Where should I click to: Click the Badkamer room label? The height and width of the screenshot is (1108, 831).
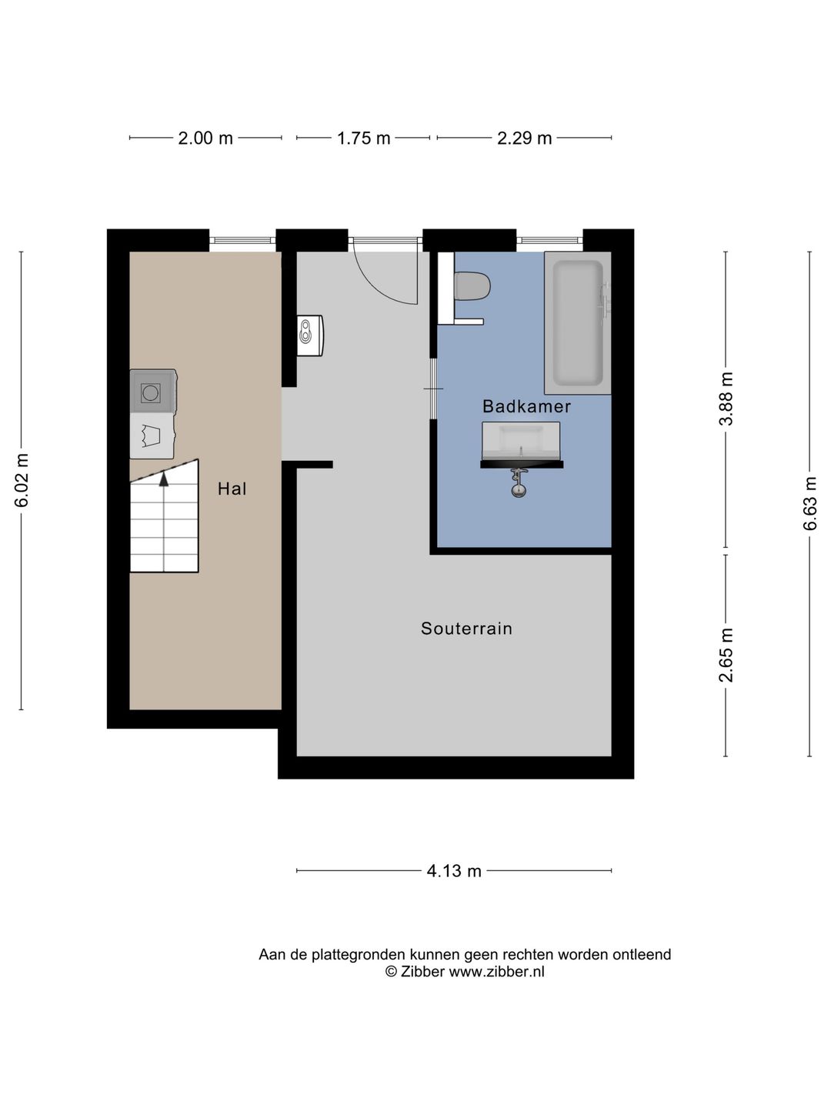526,405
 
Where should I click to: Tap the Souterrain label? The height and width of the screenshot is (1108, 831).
466,628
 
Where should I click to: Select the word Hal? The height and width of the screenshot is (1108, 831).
232,488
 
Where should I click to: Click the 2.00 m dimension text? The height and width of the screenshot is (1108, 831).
205,138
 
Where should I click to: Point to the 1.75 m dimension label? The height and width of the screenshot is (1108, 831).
363,138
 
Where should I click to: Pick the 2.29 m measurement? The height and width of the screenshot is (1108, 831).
524,138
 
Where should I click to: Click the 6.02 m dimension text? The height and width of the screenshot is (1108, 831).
22,480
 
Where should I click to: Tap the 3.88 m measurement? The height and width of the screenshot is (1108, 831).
726,399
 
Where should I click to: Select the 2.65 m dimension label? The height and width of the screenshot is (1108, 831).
726,655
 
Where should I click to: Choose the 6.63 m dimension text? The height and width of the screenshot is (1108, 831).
809,503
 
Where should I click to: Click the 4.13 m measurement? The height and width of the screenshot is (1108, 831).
454,871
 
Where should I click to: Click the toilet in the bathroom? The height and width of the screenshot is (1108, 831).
472,286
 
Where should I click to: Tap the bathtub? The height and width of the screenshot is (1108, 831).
578,323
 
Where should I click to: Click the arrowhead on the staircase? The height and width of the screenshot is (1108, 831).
163,479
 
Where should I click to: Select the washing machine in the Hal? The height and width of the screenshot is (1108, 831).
152,391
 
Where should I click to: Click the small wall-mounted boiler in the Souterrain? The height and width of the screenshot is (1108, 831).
310,335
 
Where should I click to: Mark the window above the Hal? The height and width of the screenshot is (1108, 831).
242,240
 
